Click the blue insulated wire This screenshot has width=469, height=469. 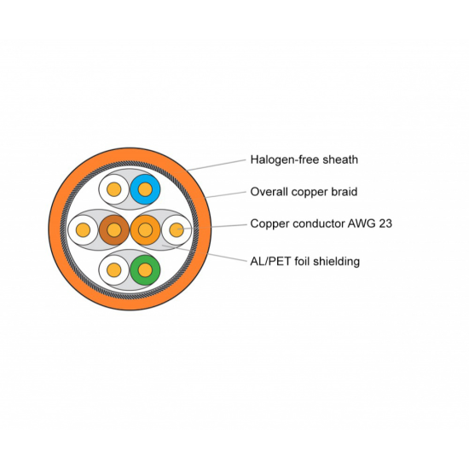[145, 189]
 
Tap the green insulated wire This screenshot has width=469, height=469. [145, 270]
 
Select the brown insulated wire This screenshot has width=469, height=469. [114, 229]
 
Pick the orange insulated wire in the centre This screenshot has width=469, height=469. [145, 229]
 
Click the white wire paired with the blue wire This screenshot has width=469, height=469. [114, 189]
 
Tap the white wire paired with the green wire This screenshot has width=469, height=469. [114, 270]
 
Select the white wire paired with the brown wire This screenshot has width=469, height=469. [84, 229]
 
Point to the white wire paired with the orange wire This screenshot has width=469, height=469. [177, 229]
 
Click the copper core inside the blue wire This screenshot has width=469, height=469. [145, 189]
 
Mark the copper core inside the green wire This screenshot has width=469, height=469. [145, 270]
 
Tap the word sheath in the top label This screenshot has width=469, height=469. [340, 159]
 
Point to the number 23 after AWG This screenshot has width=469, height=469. [385, 223]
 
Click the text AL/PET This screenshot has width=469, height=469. [271, 261]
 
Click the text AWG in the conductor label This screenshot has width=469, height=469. [362, 223]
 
